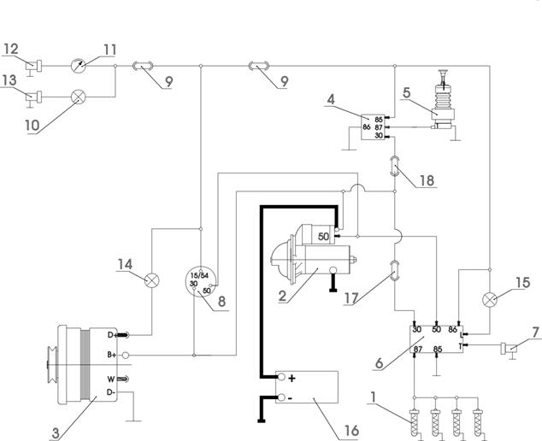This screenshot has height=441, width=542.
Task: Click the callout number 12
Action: pyautogui.click(x=10, y=49)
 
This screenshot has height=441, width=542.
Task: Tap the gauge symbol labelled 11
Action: pyautogui.click(x=78, y=66)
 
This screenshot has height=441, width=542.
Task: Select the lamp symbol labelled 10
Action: pyautogui.click(x=78, y=97)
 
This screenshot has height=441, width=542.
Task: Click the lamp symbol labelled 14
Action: pyautogui.click(x=152, y=280)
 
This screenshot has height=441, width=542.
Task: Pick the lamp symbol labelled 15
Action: pyautogui.click(x=490, y=299)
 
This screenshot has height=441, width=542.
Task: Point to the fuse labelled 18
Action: pyautogui.click(x=395, y=166)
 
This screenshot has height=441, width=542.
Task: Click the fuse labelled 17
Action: pyautogui.click(x=395, y=271)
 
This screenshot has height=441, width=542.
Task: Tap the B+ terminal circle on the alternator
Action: pyautogui.click(x=126, y=355)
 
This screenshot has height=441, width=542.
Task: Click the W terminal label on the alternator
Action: pyautogui.click(x=111, y=379)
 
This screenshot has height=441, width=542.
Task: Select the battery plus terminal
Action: pyautogui.click(x=282, y=377)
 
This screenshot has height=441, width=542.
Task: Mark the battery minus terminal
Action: pyautogui.click(x=282, y=397)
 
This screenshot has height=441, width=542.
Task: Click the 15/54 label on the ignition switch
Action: pyautogui.click(x=200, y=276)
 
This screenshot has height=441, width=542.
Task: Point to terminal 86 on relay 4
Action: pyautogui.click(x=367, y=127)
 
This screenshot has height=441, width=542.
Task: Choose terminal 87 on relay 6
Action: pyautogui.click(x=418, y=350)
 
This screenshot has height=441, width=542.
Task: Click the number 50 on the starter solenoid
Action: pyautogui.click(x=323, y=237)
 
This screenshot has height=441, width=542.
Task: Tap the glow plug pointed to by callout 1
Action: pyautogui.click(x=414, y=421)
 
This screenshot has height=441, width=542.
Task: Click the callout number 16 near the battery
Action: pyautogui.click(x=351, y=431)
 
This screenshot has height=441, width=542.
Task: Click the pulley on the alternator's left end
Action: pyautogui.click(x=52, y=365)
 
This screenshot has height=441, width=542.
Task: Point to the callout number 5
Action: pyautogui.click(x=407, y=92)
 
